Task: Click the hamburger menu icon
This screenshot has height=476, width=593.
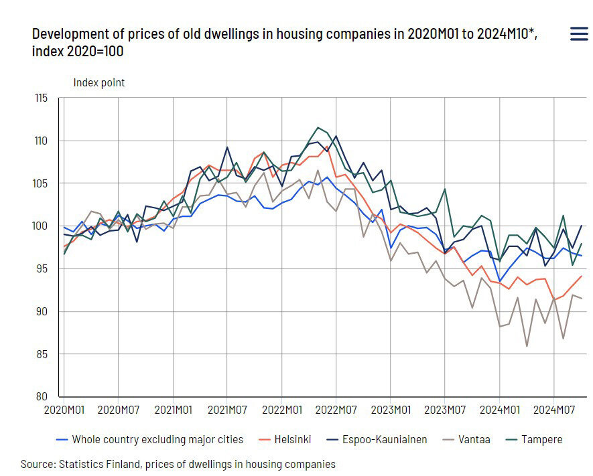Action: (579, 34)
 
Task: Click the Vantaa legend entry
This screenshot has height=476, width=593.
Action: (467, 440)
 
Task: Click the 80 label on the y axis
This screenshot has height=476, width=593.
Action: (42, 396)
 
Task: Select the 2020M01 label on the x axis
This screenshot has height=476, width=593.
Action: (64, 409)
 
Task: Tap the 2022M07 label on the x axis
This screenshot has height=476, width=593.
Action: (336, 409)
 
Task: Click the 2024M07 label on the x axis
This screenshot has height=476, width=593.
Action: (553, 409)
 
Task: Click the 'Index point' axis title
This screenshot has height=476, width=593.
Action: (98, 83)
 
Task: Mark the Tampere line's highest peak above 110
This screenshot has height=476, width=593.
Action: (318, 127)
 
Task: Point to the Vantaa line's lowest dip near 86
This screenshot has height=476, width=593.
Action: (527, 346)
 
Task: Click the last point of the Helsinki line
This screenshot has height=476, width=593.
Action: (581, 276)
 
